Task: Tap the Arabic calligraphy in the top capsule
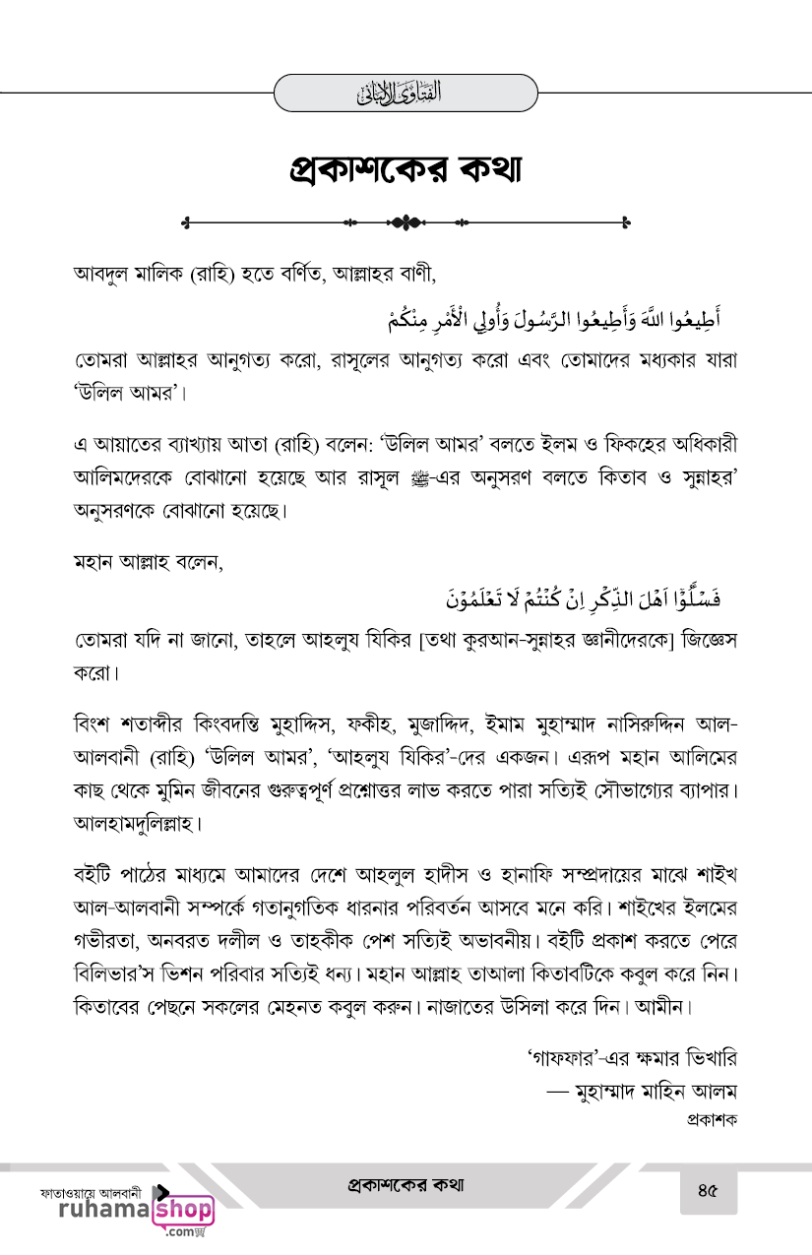point(406,94)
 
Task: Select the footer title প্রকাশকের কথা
point(406,1185)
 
